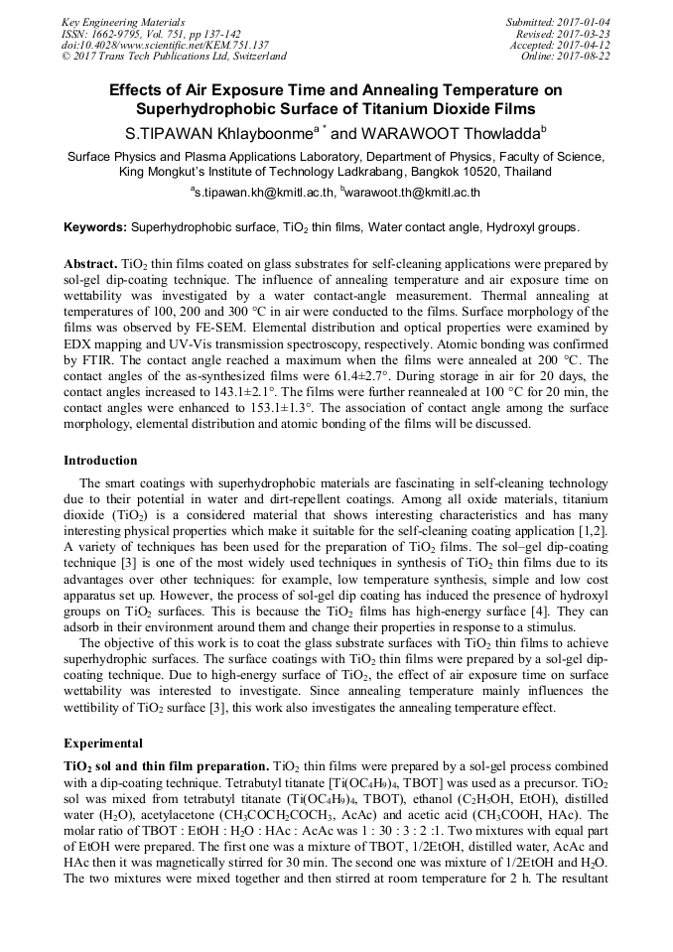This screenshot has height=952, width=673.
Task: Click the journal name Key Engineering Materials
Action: [122, 22]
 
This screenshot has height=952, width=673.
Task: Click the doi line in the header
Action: [165, 45]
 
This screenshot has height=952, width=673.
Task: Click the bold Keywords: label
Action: [95, 227]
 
